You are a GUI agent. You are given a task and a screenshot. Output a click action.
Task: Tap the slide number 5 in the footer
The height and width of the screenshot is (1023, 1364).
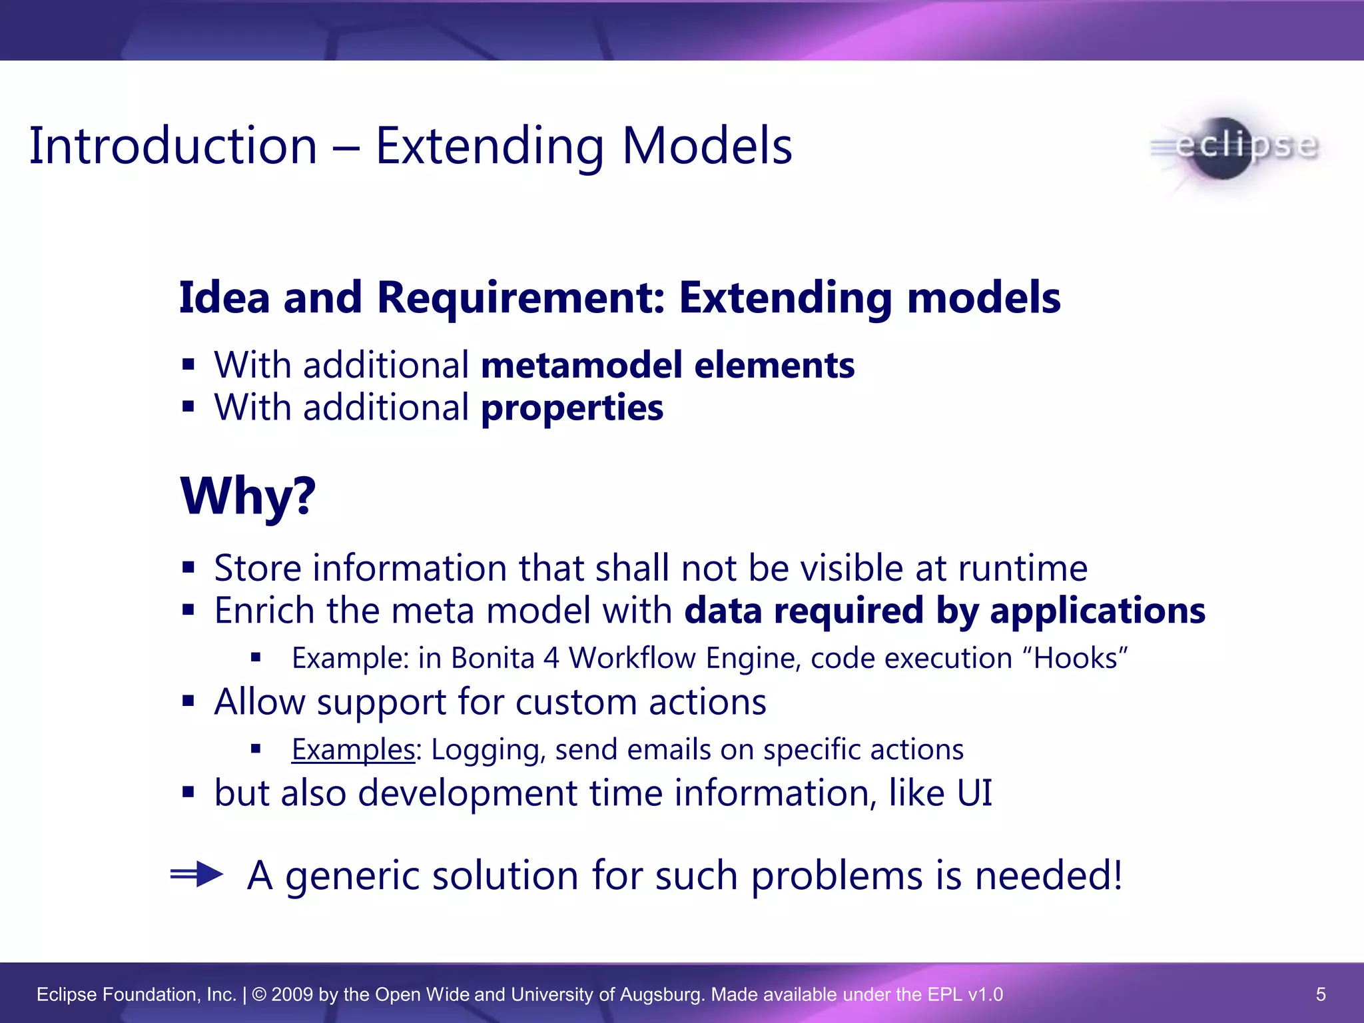coord(1321,994)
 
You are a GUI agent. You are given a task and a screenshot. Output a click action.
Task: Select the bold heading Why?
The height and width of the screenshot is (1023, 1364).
coord(248,496)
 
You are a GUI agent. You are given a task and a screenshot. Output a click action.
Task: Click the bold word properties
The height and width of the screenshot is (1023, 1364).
coord(572,408)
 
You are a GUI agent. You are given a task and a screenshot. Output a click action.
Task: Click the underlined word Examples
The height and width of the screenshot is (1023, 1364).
coord(353,750)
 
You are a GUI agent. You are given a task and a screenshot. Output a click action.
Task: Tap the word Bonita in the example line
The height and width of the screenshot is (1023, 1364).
coord(492,659)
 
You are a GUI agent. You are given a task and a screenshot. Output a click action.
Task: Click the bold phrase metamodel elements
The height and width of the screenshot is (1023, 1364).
coord(667,365)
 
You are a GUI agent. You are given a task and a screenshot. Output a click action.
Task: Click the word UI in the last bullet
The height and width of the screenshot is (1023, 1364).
coord(974,793)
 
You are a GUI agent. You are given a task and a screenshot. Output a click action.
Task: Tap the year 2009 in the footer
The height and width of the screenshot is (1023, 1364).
coord(292,994)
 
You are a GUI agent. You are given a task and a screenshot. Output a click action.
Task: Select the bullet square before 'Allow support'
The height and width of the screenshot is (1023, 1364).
coord(188,701)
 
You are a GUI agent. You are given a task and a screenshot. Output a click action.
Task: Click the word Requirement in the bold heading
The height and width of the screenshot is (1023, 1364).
coord(521,297)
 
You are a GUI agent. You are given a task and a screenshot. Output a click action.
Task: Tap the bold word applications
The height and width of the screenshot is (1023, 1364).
coord(1098,611)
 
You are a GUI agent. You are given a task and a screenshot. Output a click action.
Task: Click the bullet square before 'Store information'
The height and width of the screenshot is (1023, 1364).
coord(188,568)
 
